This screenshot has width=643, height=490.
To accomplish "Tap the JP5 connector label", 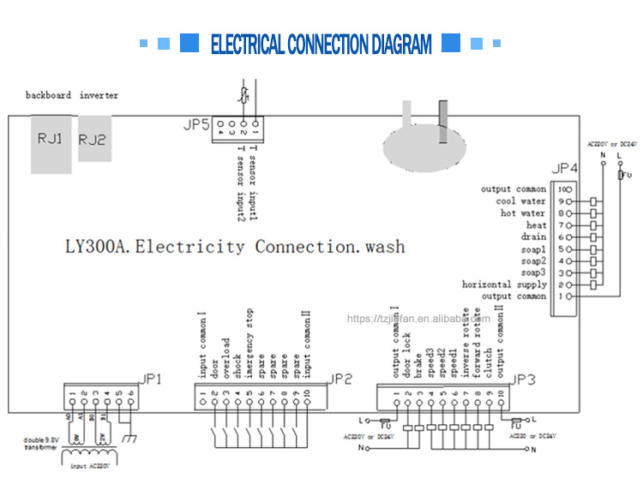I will (x=196, y=125).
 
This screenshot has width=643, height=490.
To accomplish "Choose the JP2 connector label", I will (x=340, y=378).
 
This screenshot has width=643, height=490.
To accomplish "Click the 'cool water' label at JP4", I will (x=521, y=201).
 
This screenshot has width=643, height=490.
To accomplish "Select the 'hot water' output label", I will (x=524, y=213).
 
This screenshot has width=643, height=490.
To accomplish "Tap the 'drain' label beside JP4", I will (x=533, y=236).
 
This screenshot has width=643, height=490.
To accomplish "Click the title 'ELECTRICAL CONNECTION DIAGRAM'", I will (x=321, y=45).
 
